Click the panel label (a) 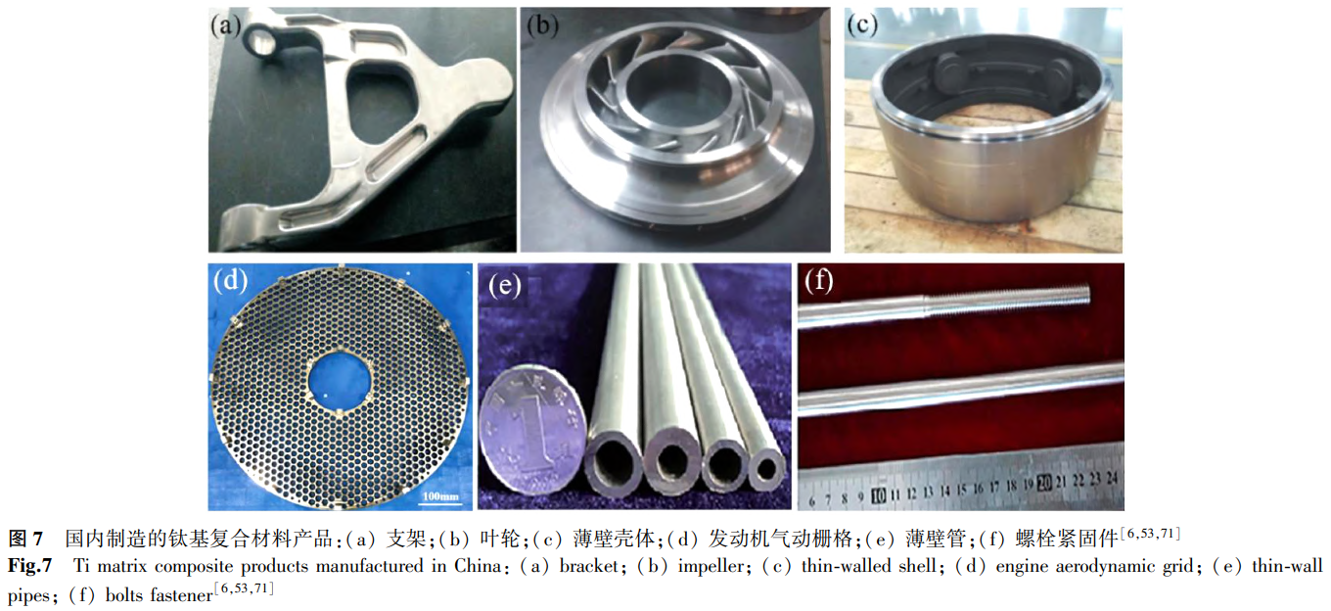click(225, 26)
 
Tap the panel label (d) click(231, 281)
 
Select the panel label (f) click(819, 281)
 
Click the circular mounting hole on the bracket click(259, 42)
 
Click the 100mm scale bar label click(440, 496)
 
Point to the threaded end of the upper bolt click(1009, 297)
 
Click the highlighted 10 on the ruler click(878, 494)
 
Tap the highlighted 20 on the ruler click(1044, 483)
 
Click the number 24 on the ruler click(1113, 477)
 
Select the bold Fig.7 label click(29, 565)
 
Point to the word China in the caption click(478, 565)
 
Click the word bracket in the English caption click(589, 566)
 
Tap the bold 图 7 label click(25, 539)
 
